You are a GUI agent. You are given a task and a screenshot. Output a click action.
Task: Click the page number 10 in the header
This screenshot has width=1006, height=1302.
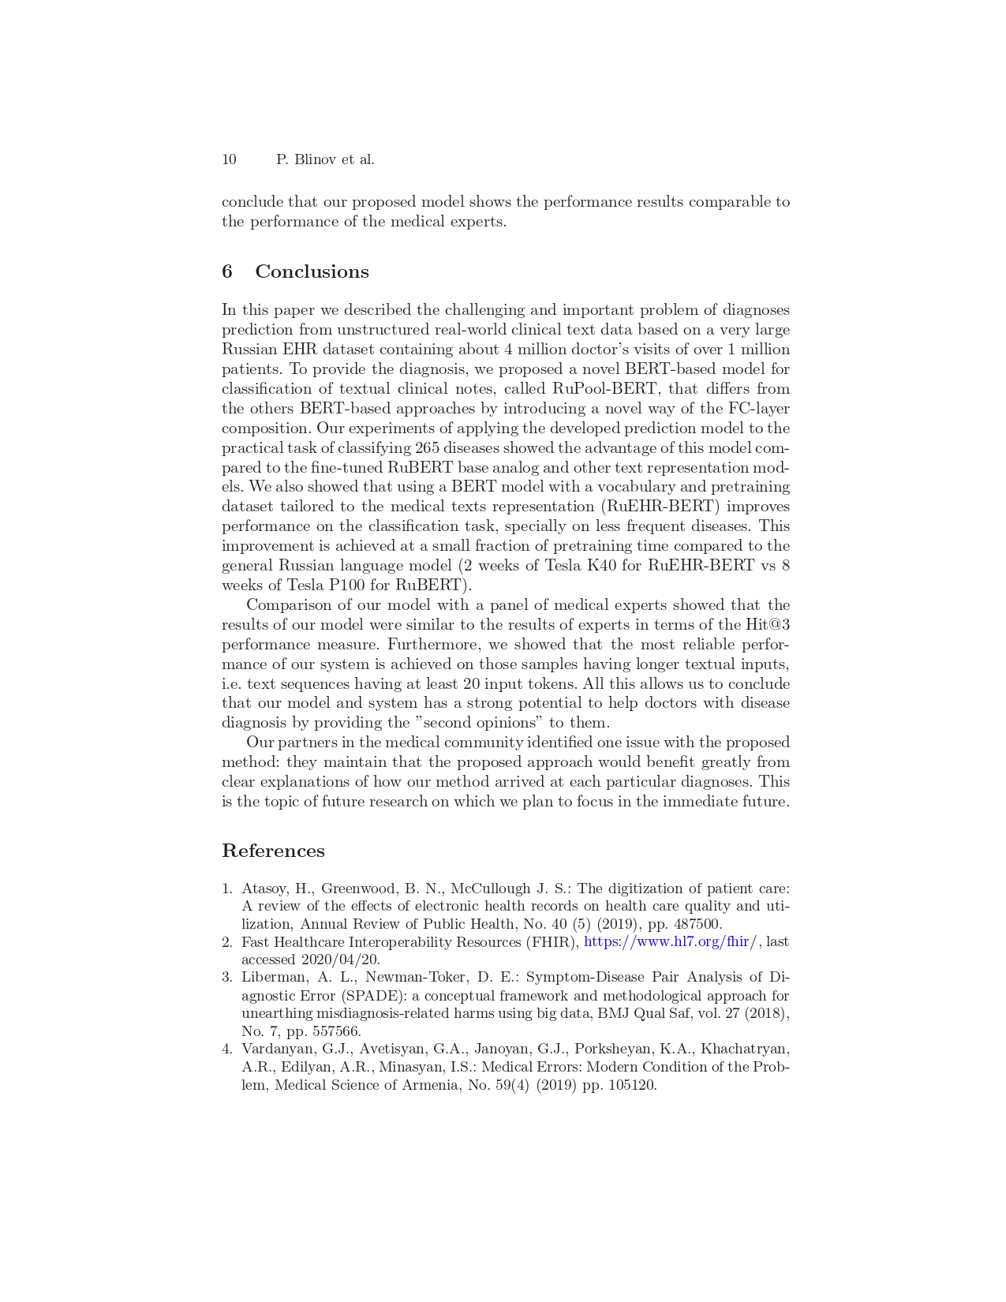pyautogui.click(x=229, y=159)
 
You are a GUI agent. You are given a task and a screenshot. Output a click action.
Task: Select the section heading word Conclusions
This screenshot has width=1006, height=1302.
pyautogui.click(x=312, y=272)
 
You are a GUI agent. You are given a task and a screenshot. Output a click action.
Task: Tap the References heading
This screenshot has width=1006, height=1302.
pyautogui.click(x=273, y=851)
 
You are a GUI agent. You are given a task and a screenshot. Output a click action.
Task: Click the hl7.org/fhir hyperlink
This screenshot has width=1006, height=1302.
pyautogui.click(x=671, y=941)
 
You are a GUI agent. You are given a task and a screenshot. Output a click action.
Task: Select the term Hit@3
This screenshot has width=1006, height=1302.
pyautogui.click(x=768, y=625)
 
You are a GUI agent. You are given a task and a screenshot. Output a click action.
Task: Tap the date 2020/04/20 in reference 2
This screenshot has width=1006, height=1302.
pyautogui.click(x=339, y=960)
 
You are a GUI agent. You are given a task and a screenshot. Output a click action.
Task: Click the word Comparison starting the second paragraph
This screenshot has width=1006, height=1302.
pyautogui.click(x=290, y=605)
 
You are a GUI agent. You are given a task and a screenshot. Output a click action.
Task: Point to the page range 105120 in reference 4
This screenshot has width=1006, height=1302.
pyautogui.click(x=631, y=1085)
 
